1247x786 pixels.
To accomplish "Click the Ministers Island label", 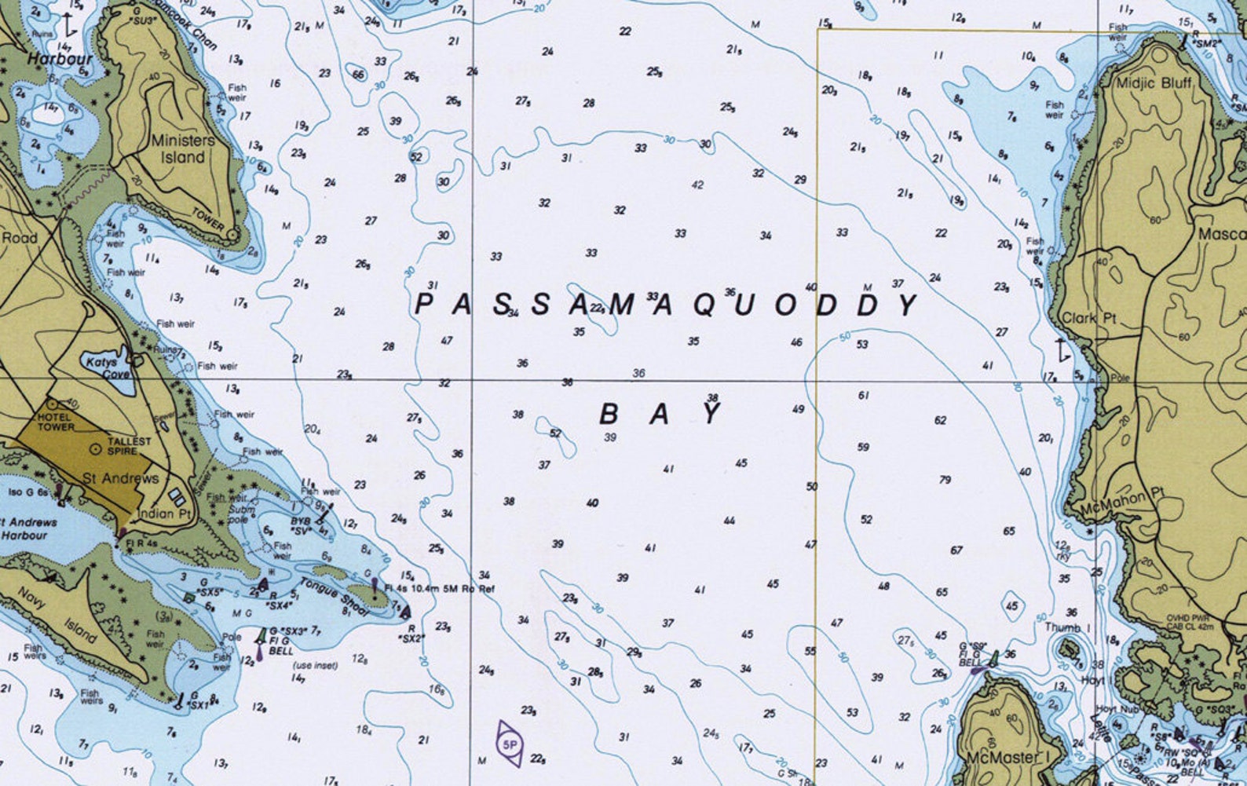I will tap(182, 148).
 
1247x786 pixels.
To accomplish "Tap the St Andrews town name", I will tap(120, 478).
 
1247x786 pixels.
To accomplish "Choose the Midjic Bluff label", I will tap(1154, 82).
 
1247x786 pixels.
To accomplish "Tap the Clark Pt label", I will tap(1088, 318).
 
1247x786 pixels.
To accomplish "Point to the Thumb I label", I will tap(1067, 627).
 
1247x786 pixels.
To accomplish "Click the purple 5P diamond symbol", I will tap(510, 743).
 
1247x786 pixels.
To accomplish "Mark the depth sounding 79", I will tap(945, 480).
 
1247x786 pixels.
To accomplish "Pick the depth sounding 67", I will tap(956, 550).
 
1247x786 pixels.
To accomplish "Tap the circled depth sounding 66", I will tap(358, 75).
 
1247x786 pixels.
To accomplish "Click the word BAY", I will tap(660, 413).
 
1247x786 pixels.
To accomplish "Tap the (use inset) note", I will tap(314, 665).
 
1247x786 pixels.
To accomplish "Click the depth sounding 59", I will tap(863, 447).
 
